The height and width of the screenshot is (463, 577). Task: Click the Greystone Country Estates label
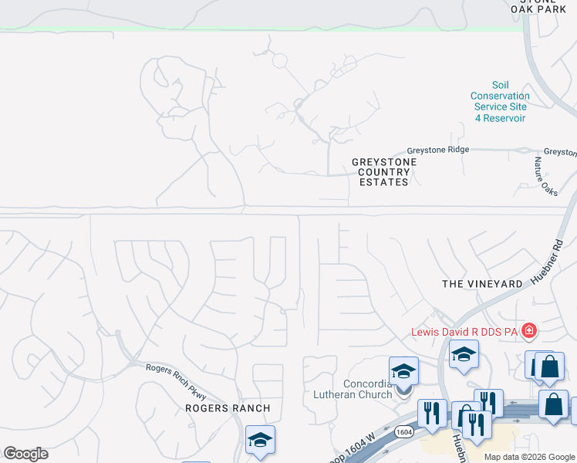click(x=384, y=172)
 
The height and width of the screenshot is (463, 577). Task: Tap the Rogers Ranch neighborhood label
click(x=228, y=408)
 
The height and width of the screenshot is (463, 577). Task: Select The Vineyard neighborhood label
click(x=482, y=284)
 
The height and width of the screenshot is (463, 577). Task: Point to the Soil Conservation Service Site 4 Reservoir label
click(x=499, y=102)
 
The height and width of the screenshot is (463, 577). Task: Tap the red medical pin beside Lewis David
click(x=528, y=332)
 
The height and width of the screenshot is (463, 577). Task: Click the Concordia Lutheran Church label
click(x=370, y=390)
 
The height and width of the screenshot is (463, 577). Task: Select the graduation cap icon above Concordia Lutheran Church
click(x=403, y=371)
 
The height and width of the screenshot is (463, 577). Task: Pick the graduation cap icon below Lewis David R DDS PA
click(x=464, y=355)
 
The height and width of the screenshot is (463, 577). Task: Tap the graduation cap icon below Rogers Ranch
click(x=260, y=440)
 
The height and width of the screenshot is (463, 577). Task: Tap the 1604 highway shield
click(x=403, y=432)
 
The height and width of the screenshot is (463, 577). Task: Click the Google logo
click(x=25, y=454)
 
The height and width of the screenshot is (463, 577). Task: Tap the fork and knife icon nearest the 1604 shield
click(x=432, y=412)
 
